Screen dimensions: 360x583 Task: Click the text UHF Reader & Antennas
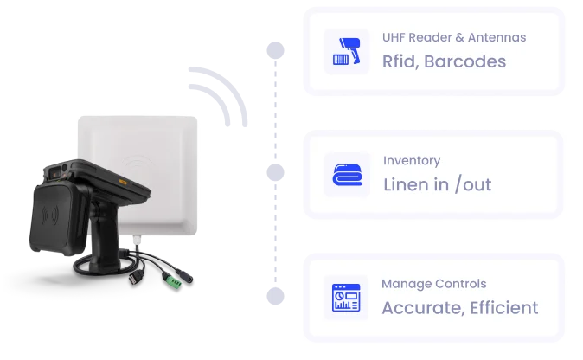pos(453,37)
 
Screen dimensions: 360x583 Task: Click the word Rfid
pos(400,61)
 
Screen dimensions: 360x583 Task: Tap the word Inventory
pos(411,160)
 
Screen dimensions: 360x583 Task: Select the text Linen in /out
pos(437,185)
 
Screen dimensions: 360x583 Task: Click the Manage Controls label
pos(433,284)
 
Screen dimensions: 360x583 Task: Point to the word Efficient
pos(504,308)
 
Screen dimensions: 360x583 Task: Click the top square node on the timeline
pos(274,49)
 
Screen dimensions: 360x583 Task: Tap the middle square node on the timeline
pos(274,173)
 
